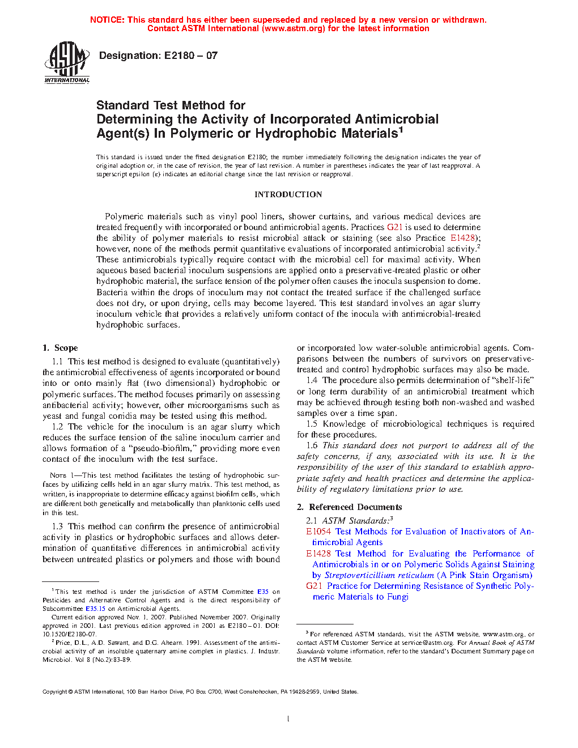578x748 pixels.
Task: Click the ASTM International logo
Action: coord(67,63)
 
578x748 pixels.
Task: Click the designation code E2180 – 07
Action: coord(191,56)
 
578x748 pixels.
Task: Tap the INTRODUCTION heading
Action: coord(288,194)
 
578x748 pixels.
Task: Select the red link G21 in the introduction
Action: coord(394,227)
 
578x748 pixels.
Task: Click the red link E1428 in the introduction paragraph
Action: coord(462,238)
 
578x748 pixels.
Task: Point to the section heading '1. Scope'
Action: coord(60,348)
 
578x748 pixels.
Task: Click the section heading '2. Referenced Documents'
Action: coord(349,507)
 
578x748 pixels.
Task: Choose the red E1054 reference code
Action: coord(318,532)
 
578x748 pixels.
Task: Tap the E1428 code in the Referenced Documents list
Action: coord(318,554)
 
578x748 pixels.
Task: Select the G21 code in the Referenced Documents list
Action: coord(314,586)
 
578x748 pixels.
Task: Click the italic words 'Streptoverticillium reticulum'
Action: coord(379,575)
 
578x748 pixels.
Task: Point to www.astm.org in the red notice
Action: coord(294,28)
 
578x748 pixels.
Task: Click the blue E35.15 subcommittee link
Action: coord(95,609)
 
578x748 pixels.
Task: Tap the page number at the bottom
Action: coord(288,719)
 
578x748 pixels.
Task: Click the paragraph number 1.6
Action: coord(312,445)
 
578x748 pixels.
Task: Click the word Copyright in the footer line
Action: coord(55,691)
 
